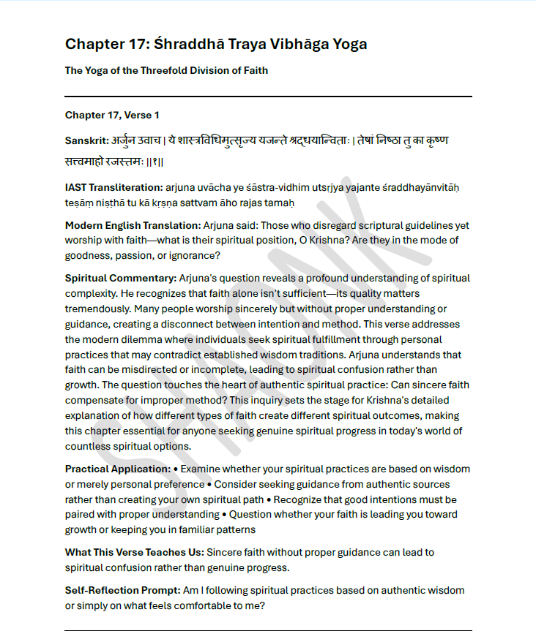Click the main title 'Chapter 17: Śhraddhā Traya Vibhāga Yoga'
216,44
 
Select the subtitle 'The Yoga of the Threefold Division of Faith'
166,71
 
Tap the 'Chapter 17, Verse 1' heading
112,115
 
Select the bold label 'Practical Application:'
116,469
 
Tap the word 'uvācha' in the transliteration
215,188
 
